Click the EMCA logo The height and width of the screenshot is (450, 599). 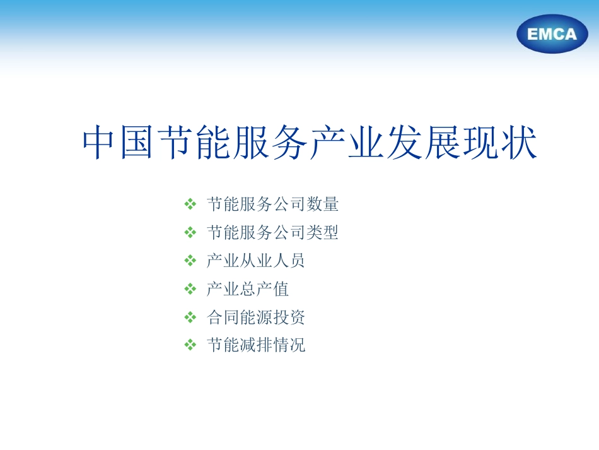[x=552, y=34]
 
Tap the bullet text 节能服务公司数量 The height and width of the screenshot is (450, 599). [x=272, y=204]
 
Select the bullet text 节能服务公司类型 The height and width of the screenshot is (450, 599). [x=272, y=233]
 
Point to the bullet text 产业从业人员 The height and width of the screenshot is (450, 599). [x=256, y=261]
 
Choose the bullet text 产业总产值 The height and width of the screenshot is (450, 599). [x=248, y=289]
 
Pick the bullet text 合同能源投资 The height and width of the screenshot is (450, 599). [x=256, y=317]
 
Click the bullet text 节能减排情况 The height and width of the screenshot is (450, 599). [x=256, y=345]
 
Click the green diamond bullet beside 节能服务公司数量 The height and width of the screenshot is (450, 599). [x=190, y=204]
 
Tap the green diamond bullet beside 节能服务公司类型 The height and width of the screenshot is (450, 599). [x=190, y=233]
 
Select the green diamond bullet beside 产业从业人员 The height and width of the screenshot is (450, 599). [x=190, y=261]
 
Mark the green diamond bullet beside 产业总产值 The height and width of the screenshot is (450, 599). [x=190, y=289]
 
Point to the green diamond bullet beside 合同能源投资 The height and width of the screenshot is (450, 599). [x=190, y=317]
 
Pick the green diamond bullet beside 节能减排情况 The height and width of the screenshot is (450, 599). [x=190, y=345]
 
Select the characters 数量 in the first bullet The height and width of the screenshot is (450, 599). [x=322, y=204]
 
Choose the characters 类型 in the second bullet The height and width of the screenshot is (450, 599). [x=322, y=233]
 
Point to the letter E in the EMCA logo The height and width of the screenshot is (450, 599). [x=533, y=35]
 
